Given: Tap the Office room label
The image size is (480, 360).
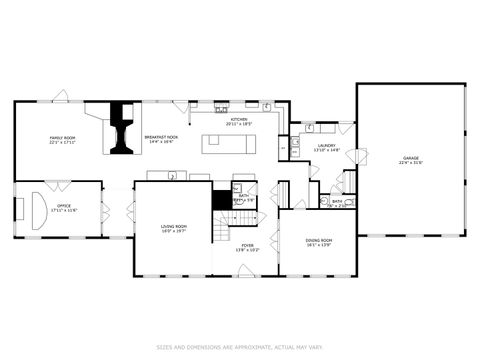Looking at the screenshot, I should pos(63,206).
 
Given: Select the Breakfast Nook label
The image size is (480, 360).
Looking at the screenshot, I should pos(161,137).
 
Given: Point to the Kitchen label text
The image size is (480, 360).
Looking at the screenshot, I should pos(239,119).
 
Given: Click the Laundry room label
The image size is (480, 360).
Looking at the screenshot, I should pos(327,146).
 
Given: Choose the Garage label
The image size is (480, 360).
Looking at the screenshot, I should pos(411,158).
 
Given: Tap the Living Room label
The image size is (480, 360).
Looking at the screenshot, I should pos(173,227).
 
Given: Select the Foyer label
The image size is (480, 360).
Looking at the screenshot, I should pos(247,245).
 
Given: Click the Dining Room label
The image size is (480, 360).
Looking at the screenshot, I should pos(319,241).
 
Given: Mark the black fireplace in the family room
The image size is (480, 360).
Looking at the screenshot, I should pos(123,127).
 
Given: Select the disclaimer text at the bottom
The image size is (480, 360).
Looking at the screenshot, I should pos(239,347).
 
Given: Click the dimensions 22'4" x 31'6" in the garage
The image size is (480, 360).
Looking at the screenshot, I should pos(411,162).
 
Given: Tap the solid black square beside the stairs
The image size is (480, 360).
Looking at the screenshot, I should pos(222,199).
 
